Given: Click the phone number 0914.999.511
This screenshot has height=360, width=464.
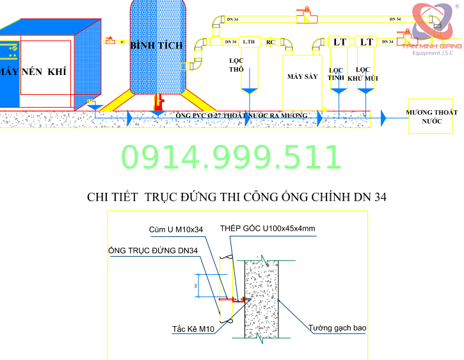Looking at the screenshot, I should click(231, 157).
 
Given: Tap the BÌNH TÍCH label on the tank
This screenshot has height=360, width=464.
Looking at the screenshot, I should click(156, 45).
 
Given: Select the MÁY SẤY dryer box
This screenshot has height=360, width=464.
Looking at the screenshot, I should click(302, 76).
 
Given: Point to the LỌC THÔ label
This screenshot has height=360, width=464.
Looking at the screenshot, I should click(237, 65).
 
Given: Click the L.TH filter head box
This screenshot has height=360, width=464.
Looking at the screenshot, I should click(250, 42).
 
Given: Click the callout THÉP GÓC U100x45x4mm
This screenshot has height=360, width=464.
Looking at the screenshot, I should click(268, 228).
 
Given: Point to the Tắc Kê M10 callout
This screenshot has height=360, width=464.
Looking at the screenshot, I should click(193, 330).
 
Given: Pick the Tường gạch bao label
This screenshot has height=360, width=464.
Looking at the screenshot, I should click(337, 328).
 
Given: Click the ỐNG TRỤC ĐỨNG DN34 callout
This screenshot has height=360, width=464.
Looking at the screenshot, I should click(153, 250).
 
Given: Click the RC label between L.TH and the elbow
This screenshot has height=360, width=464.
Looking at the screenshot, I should click(270, 42).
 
